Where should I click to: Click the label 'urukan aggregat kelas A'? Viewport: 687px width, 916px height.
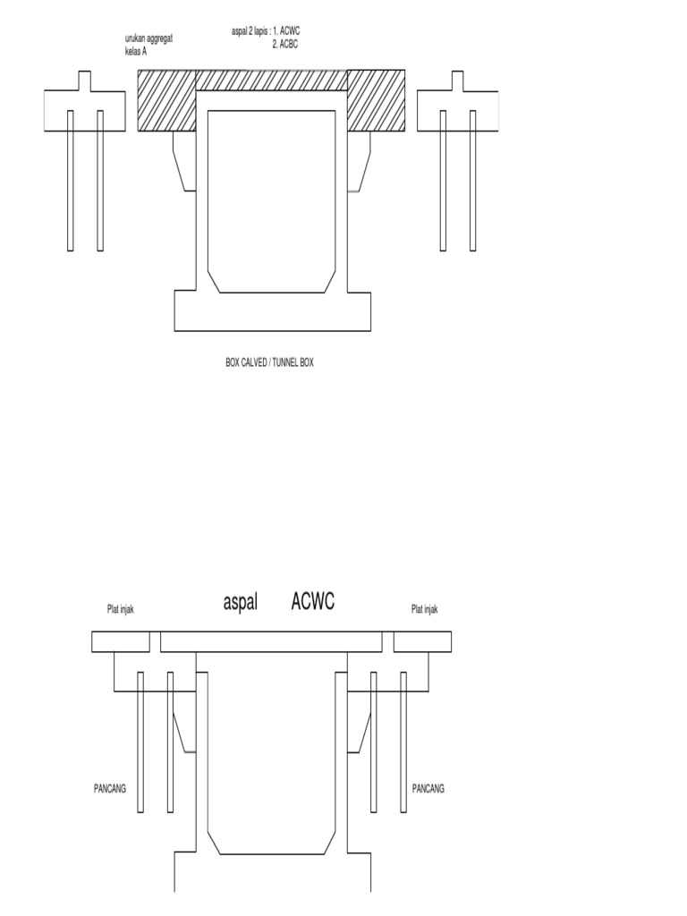pos(148,45)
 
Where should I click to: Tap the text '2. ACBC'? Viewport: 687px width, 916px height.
pos(285,45)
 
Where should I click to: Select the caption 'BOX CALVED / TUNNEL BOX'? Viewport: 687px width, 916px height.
pos(269,362)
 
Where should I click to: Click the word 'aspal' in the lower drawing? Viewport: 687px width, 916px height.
pos(240,602)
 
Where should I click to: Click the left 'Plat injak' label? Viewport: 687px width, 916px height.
pos(121,609)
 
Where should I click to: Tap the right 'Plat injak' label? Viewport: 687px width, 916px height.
pos(425,609)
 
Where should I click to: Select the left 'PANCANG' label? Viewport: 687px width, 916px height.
pos(110,789)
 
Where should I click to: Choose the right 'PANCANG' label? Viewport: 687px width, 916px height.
pos(428,789)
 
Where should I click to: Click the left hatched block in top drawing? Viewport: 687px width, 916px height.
pos(166,100)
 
